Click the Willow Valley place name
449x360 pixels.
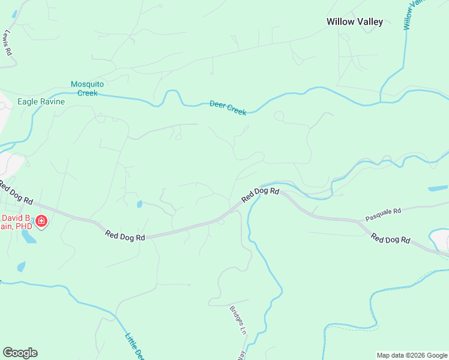(x=354, y=22)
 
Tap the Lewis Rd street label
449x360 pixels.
(x=8, y=43)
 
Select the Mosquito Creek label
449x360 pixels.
(x=88, y=88)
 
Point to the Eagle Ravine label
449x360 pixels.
(x=41, y=101)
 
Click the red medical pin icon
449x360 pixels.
(x=41, y=221)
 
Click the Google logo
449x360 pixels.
(x=20, y=353)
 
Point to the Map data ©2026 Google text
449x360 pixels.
(x=412, y=355)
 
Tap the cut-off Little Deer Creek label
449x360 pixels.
(x=134, y=346)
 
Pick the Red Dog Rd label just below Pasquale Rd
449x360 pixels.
(x=390, y=238)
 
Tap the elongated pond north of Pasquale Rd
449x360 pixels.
(x=438, y=188)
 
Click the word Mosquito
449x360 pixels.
(x=88, y=84)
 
